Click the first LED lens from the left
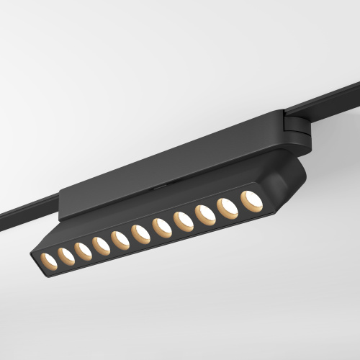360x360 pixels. [48, 258]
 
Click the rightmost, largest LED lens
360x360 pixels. [251, 201]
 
